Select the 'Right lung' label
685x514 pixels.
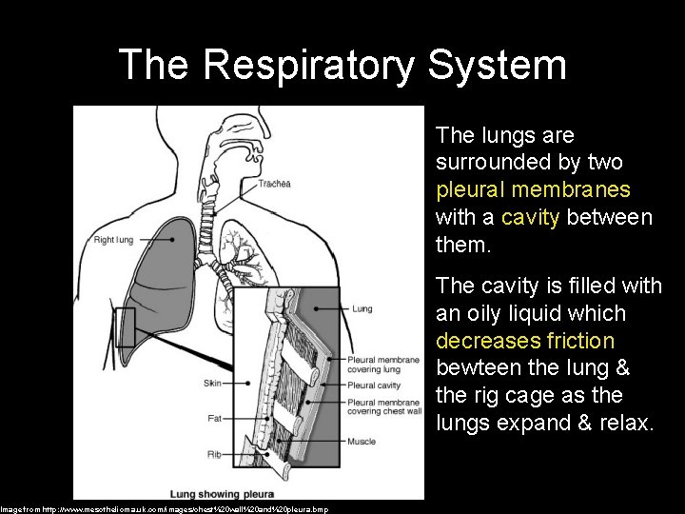113,240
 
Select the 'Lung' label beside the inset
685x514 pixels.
362,308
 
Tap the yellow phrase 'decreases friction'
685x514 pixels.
525,340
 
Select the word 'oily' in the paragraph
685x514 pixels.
483,312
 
